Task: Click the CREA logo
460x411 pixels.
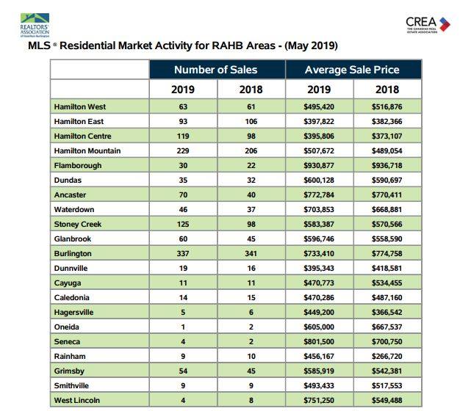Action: pyautogui.click(x=428, y=25)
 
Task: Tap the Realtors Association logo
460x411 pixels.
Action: pyautogui.click(x=35, y=25)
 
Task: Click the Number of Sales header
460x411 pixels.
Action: pyautogui.click(x=215, y=70)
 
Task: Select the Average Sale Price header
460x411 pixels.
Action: pyautogui.click(x=352, y=70)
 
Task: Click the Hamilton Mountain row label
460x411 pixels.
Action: pyautogui.click(x=87, y=151)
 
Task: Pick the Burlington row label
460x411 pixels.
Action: pyautogui.click(x=73, y=254)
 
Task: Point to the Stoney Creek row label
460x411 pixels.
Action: pyautogui.click(x=78, y=225)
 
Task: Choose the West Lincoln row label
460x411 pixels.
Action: pyautogui.click(x=77, y=401)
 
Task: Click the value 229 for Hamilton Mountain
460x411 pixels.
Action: pyautogui.click(x=183, y=151)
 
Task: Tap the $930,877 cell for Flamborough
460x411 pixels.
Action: pyautogui.click(x=319, y=166)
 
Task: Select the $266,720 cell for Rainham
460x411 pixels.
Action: pyautogui.click(x=387, y=357)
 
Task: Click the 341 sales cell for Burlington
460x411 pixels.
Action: pyautogui.click(x=251, y=254)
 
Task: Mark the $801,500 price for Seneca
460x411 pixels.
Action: pyautogui.click(x=319, y=342)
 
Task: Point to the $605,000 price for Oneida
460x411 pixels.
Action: pyautogui.click(x=319, y=327)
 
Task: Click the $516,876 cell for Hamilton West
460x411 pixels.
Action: pyautogui.click(x=387, y=107)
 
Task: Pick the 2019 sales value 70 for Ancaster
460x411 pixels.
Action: pyautogui.click(x=183, y=194)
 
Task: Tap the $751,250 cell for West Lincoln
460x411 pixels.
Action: pyautogui.click(x=319, y=401)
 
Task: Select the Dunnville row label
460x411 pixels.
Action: pyautogui.click(x=71, y=269)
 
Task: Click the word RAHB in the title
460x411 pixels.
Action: pyautogui.click(x=228, y=46)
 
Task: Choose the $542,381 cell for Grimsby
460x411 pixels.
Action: pyautogui.click(x=387, y=371)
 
